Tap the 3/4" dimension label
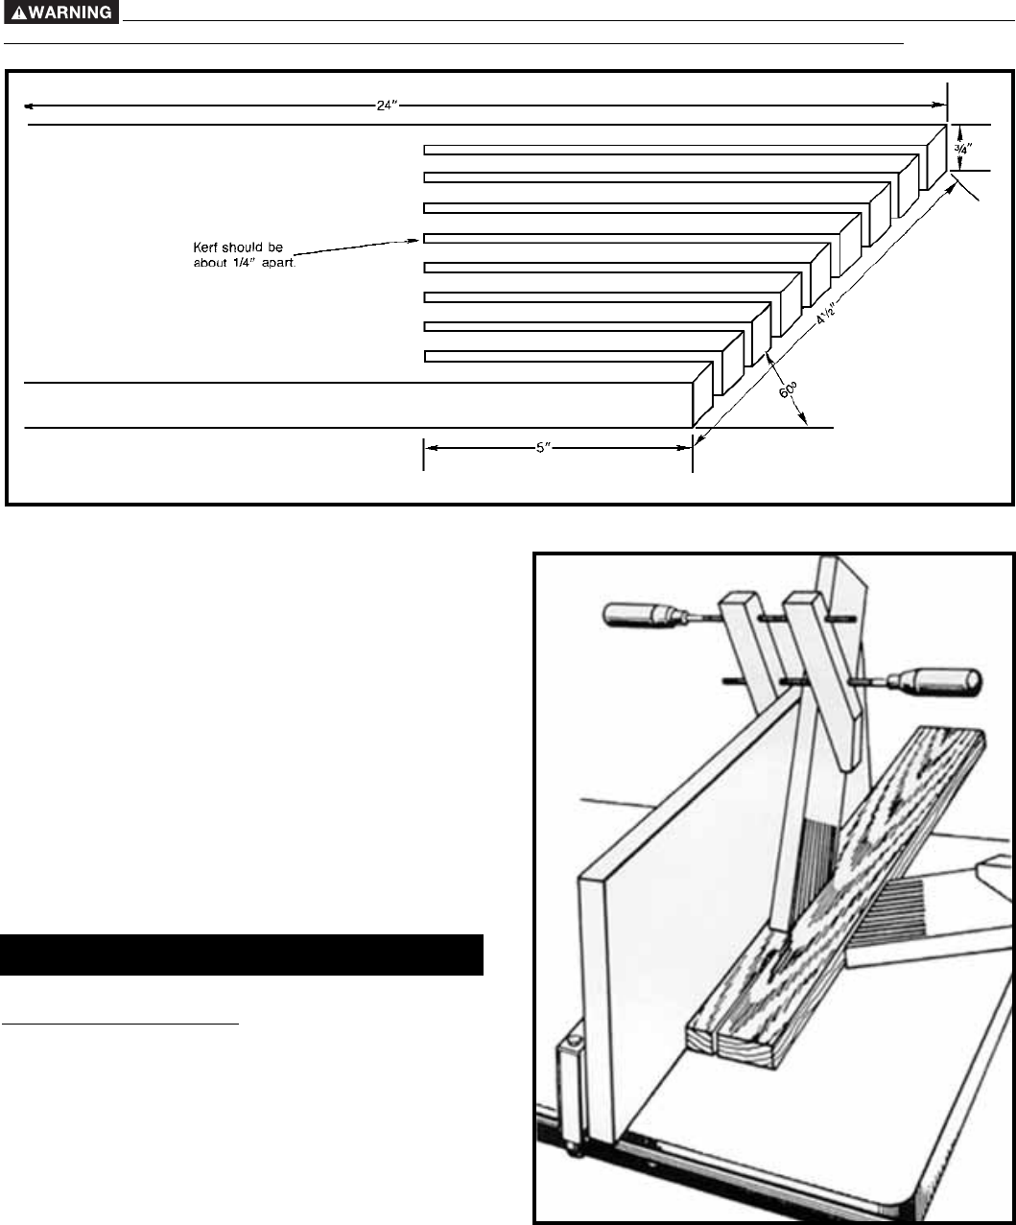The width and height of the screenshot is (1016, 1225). click(x=961, y=149)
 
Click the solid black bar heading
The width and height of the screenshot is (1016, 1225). click(x=241, y=954)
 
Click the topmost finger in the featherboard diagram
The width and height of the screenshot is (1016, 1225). click(x=672, y=149)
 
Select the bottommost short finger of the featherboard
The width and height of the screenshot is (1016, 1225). click(x=566, y=357)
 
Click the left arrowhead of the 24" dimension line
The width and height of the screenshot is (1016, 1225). click(x=29, y=106)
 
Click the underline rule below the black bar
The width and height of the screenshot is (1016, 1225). click(x=119, y=1024)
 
